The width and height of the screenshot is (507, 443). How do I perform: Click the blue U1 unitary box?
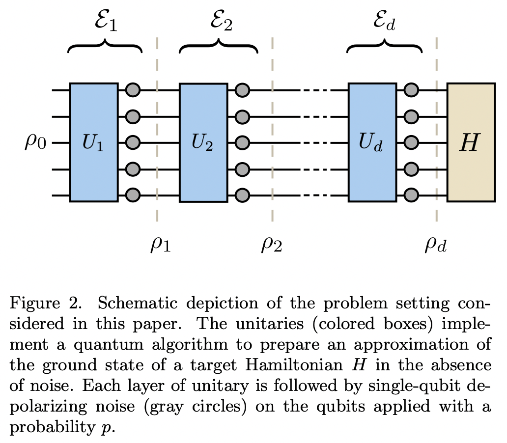94,142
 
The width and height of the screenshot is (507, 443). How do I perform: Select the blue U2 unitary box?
203,142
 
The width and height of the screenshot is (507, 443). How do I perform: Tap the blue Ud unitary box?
372,142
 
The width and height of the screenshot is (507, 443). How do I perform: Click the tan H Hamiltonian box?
471,142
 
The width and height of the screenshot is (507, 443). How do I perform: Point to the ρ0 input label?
35,143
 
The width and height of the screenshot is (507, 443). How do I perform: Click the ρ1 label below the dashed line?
160,244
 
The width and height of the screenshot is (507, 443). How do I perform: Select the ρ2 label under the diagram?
271,244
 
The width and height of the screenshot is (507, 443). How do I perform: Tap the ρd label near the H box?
436,244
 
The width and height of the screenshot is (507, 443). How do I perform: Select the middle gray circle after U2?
242,143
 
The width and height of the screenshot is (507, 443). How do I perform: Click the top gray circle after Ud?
411,90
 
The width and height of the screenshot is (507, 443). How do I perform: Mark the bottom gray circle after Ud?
411,195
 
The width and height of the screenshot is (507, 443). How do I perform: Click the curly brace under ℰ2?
218,48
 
